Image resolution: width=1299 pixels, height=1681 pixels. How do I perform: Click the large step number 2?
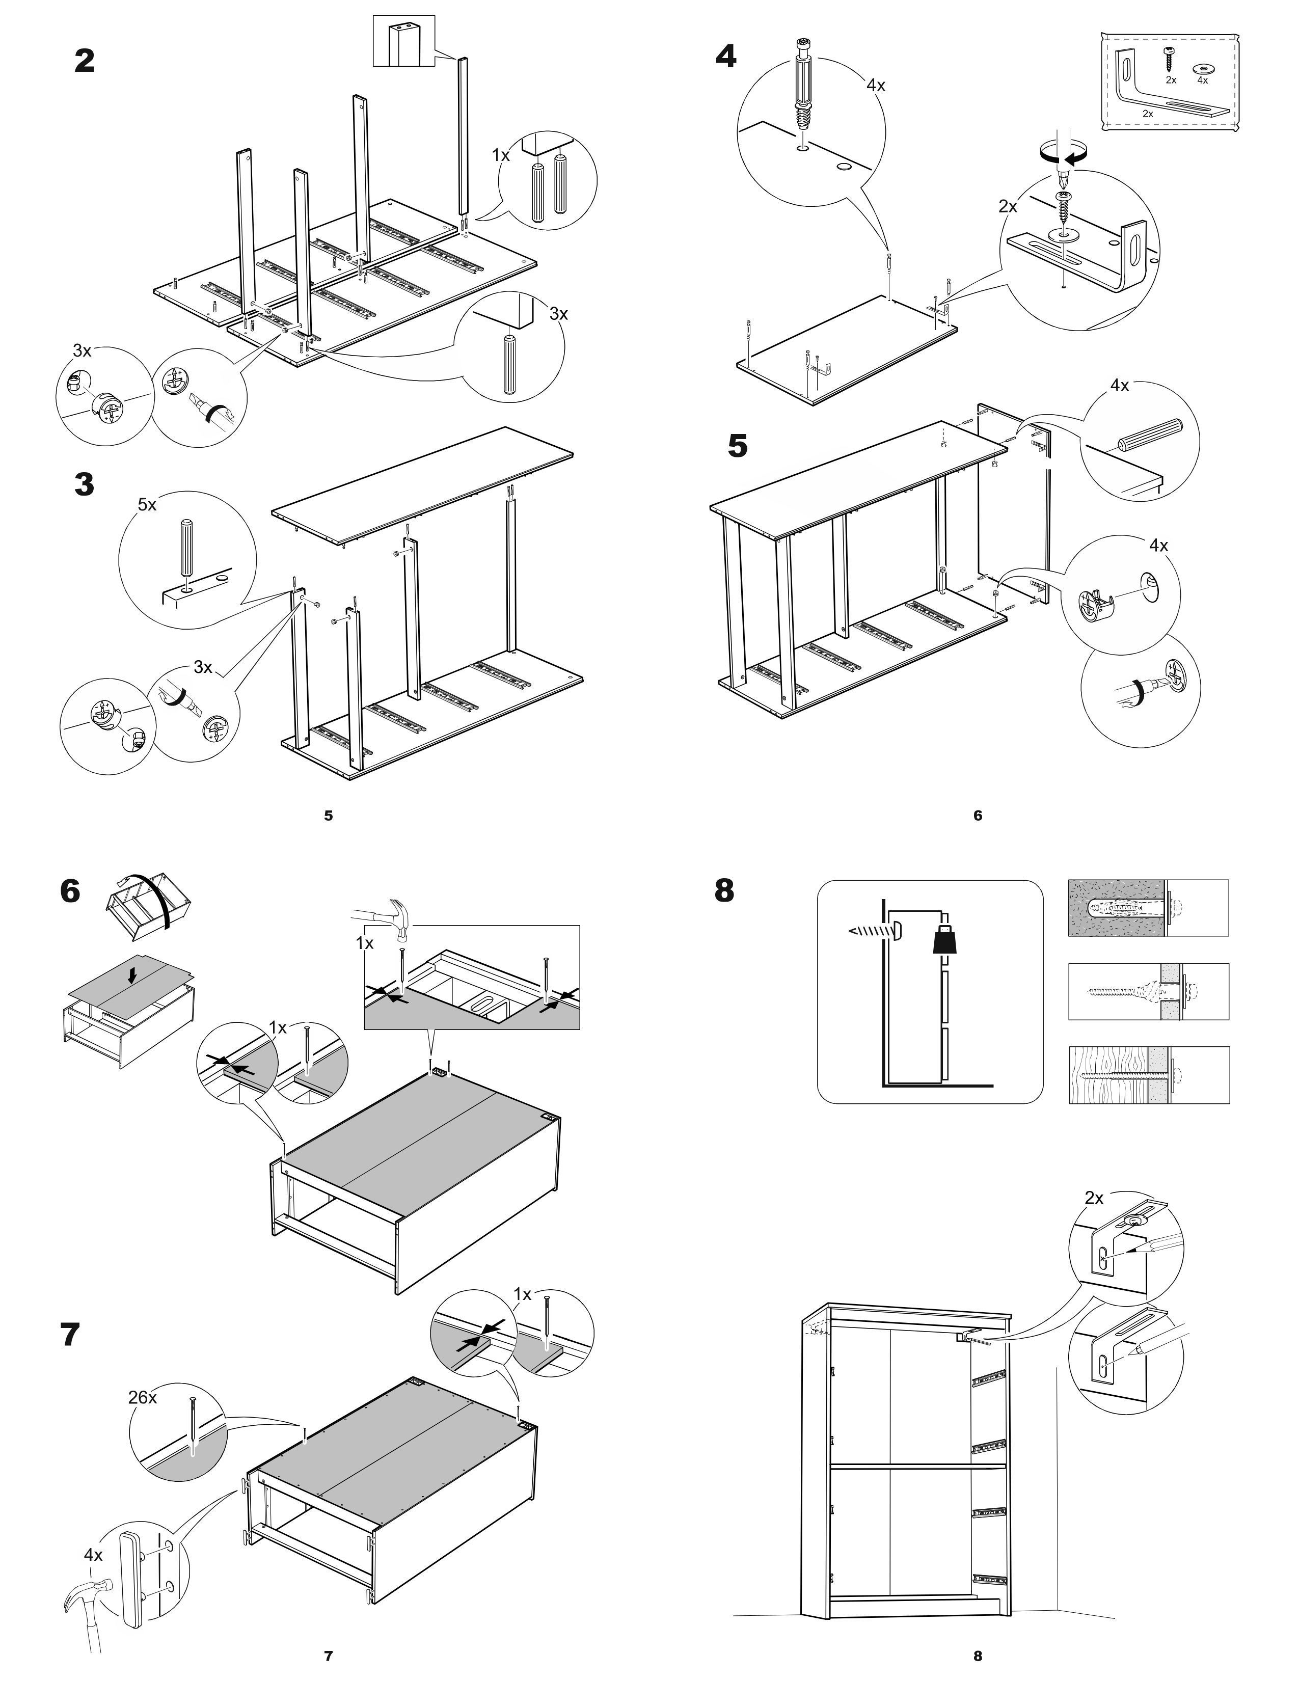(85, 61)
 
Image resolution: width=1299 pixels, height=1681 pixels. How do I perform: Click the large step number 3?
(85, 484)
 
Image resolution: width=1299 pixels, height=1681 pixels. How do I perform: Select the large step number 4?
(725, 56)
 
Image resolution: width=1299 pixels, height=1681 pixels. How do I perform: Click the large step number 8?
(724, 890)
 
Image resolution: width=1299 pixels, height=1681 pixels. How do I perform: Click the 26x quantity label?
(142, 1397)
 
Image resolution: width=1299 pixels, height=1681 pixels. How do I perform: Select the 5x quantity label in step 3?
(147, 505)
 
